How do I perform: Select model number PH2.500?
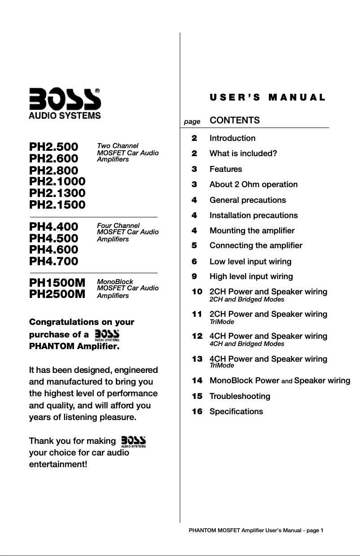click(x=53, y=147)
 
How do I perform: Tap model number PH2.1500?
click(x=57, y=205)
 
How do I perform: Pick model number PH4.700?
click(x=53, y=261)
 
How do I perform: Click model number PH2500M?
click(x=57, y=294)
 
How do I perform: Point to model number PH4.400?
click(x=53, y=226)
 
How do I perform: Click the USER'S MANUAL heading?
click(x=267, y=98)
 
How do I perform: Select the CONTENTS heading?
click(x=235, y=120)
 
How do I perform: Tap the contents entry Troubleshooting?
click(x=240, y=396)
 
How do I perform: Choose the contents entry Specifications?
click(x=236, y=412)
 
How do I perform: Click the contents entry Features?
click(x=226, y=169)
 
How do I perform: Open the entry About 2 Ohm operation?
click(x=254, y=184)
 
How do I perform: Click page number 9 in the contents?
click(x=194, y=276)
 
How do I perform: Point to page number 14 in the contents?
click(x=197, y=381)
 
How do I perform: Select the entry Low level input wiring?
click(x=250, y=262)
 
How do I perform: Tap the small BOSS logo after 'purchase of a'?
click(x=107, y=335)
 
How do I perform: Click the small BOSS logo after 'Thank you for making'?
click(x=134, y=441)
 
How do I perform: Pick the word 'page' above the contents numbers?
click(x=192, y=122)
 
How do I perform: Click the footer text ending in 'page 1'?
click(x=256, y=530)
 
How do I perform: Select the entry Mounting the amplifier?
click(x=252, y=231)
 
